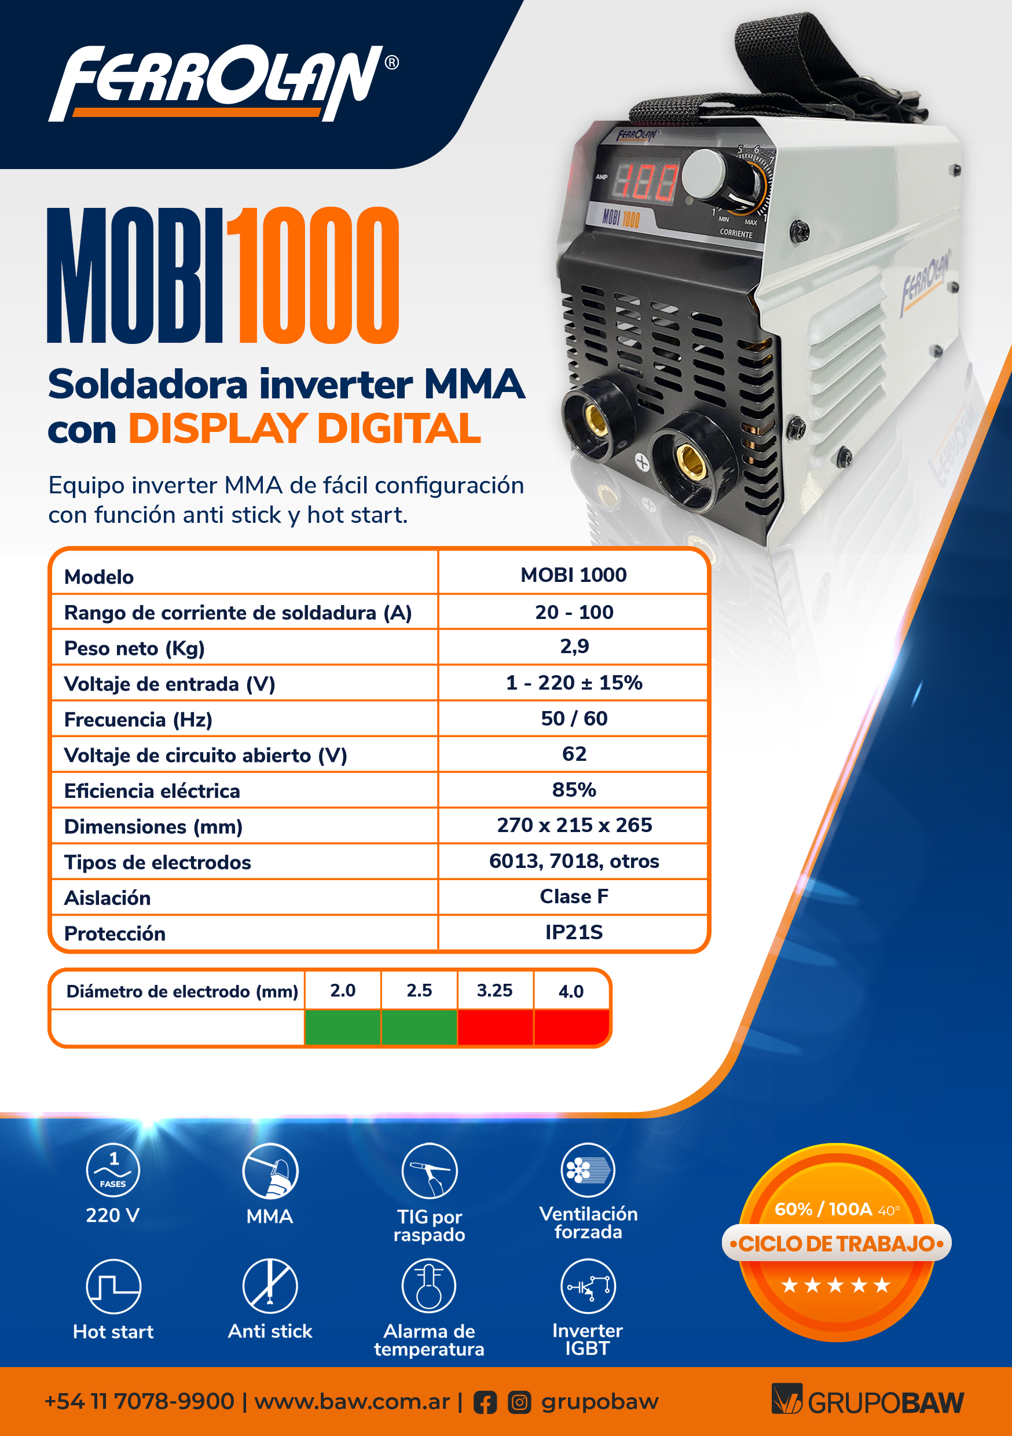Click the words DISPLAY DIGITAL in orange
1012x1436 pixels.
tap(305, 429)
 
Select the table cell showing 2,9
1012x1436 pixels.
tap(574, 646)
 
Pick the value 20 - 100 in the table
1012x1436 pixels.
tap(574, 611)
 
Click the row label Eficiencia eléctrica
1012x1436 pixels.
tap(152, 790)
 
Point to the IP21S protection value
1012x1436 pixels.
tap(574, 932)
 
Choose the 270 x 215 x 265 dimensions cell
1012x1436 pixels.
tap(574, 825)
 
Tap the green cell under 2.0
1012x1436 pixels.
tap(343, 1027)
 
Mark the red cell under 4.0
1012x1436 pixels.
tap(571, 1027)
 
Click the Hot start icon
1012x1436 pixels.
tap(113, 1286)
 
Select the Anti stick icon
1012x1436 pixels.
tap(270, 1286)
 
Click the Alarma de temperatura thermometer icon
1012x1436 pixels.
tap(429, 1286)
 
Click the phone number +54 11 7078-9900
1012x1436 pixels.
tap(140, 1402)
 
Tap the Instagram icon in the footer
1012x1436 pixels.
tap(519, 1402)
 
